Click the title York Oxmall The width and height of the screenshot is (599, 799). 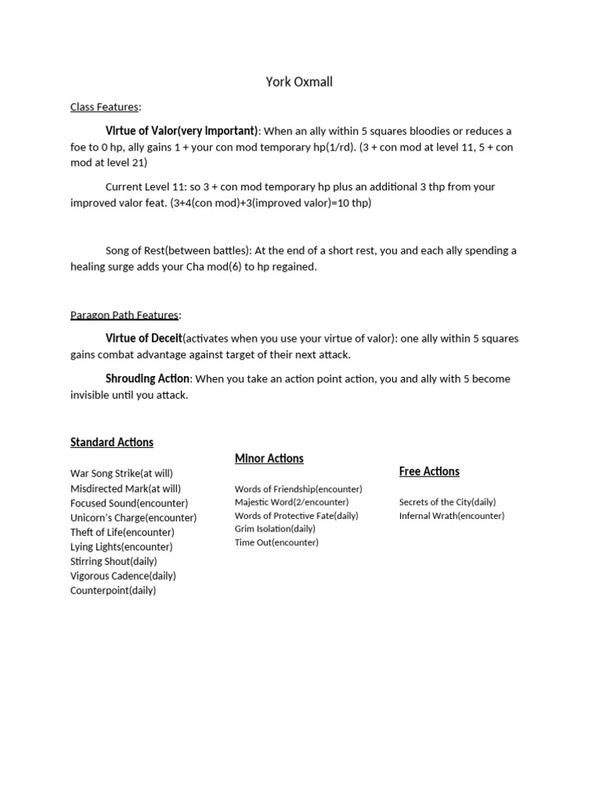click(299, 82)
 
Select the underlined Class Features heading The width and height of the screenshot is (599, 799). click(105, 106)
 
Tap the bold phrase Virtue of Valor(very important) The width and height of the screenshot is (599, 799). click(182, 130)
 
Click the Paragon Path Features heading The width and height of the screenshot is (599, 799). click(124, 314)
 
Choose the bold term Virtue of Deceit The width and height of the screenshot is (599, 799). click(144, 338)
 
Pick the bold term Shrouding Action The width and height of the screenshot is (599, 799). click(147, 378)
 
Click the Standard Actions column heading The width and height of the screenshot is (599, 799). click(112, 442)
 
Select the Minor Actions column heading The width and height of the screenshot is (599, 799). click(269, 458)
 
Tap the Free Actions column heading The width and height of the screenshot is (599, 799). click(429, 471)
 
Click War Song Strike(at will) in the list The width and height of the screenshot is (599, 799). click(121, 473)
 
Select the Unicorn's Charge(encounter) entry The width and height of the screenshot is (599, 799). click(133, 517)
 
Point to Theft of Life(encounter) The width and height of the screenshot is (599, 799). click(122, 532)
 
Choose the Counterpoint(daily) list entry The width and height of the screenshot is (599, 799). click(113, 591)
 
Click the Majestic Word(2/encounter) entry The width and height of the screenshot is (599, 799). click(292, 502)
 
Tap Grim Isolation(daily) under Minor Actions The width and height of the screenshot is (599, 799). click(275, 528)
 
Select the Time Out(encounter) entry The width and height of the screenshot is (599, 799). click(276, 542)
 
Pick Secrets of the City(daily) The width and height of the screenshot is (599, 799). click(447, 502)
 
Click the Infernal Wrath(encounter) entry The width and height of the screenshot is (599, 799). click(452, 516)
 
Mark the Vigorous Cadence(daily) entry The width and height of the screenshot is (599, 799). click(123, 576)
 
